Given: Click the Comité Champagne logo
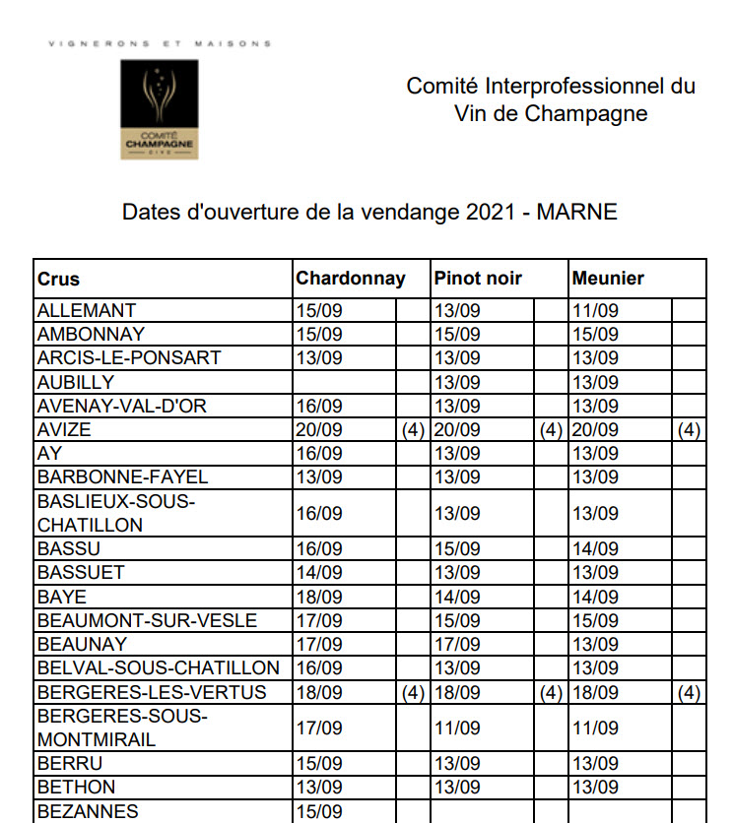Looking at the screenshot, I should click(158, 109).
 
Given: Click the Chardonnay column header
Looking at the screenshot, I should click(351, 279).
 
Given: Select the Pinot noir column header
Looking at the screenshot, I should click(478, 279).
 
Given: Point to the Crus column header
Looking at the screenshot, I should click(59, 279).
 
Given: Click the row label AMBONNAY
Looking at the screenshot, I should click(91, 335).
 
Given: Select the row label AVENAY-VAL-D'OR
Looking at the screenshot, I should click(122, 407).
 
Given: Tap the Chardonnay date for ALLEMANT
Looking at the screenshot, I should click(319, 311).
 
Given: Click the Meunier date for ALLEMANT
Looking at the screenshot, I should click(595, 311).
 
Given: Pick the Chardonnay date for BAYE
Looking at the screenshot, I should click(319, 598).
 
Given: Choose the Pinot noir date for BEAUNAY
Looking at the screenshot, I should click(457, 645).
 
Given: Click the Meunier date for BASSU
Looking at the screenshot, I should click(595, 549).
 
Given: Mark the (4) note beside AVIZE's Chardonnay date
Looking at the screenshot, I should click(413, 430).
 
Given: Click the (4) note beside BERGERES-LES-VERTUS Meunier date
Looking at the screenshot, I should click(689, 693).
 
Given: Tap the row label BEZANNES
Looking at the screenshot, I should click(88, 812).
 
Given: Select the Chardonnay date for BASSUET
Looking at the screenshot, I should click(319, 573).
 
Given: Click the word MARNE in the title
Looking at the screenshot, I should click(576, 212).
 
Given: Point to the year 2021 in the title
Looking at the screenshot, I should click(488, 212).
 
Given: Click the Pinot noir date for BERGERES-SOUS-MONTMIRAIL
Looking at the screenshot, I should click(457, 728).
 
